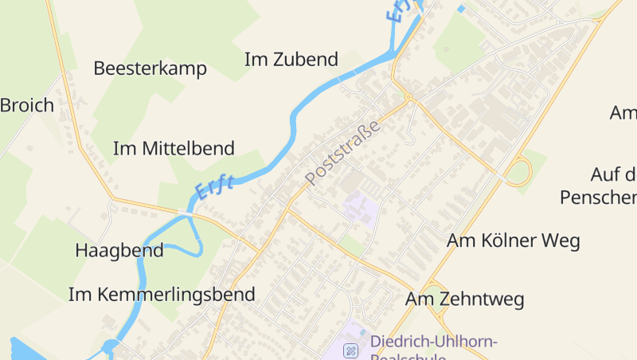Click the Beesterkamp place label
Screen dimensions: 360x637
[150, 68]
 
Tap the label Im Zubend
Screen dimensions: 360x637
[291, 60]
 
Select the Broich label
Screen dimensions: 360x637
[27, 105]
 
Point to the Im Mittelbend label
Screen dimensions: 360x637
[174, 148]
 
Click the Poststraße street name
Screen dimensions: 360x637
[342, 152]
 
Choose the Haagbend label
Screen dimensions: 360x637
[119, 250]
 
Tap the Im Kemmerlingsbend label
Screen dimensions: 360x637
[162, 295]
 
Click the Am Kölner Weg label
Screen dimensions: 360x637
[513, 241]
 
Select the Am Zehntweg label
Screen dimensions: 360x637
[464, 299]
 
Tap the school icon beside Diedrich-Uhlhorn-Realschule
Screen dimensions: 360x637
[350, 350]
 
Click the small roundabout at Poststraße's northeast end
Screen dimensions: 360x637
[408, 99]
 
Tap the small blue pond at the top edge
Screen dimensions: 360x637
[461, 9]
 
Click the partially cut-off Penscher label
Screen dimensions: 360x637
[598, 197]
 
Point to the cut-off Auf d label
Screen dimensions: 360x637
[613, 174]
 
